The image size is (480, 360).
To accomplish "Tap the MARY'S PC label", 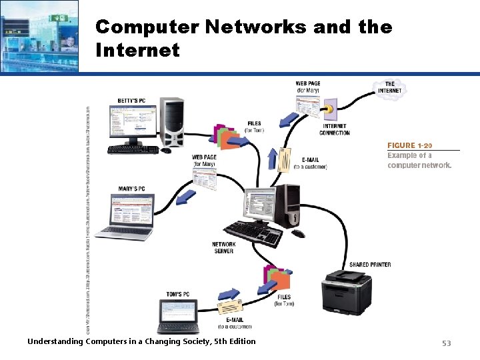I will click(x=132, y=189).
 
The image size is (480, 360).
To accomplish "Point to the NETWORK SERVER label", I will click(x=223, y=247).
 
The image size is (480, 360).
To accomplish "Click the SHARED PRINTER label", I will click(x=370, y=265).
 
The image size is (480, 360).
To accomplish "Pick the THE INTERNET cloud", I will click(x=389, y=88).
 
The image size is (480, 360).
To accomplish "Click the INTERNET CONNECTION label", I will click(x=335, y=129).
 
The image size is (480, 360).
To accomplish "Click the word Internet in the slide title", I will click(x=137, y=50).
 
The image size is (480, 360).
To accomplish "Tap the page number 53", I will click(x=446, y=343).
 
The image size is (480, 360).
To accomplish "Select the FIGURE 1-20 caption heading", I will click(x=410, y=145).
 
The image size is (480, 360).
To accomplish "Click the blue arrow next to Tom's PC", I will click(x=228, y=293).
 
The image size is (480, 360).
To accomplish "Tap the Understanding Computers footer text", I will click(x=141, y=341).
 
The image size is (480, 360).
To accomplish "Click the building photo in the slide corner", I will click(x=39, y=35).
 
